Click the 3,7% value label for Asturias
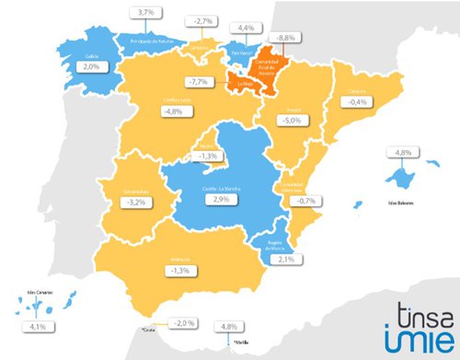click(x=145, y=12)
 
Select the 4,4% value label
click(x=246, y=29)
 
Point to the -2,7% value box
click(x=204, y=19)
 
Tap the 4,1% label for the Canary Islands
click(x=39, y=325)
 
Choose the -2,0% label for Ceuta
click(x=160, y=323)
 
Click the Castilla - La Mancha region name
click(x=217, y=188)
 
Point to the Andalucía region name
click(x=180, y=260)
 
